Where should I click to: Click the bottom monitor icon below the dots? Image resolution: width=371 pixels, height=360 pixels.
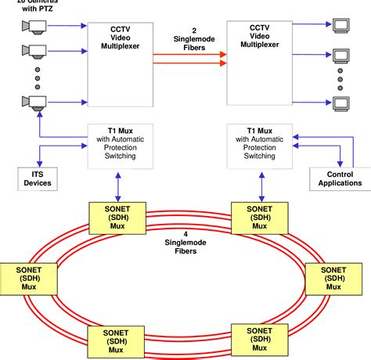[340, 102]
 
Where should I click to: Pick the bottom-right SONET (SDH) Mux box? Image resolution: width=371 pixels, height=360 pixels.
[255, 340]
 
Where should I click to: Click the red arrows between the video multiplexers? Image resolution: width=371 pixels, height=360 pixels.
[188, 58]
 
